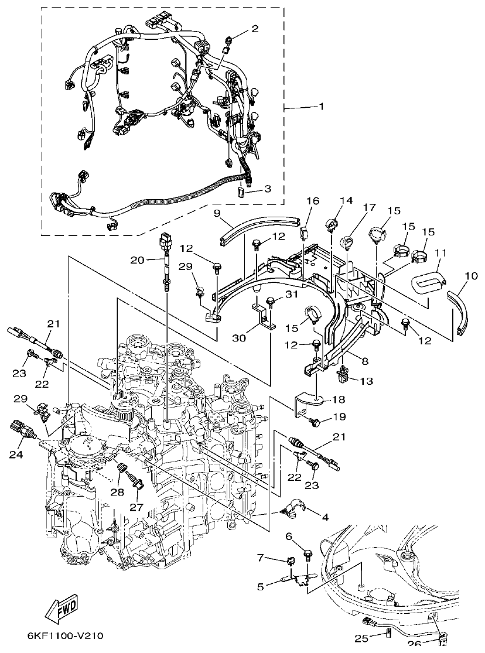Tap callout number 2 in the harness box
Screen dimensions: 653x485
tap(254, 28)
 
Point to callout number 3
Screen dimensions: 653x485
tap(267, 189)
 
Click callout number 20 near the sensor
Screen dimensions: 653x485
tap(136, 260)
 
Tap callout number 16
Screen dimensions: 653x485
tap(312, 201)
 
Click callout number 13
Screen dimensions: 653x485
tap(366, 381)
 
